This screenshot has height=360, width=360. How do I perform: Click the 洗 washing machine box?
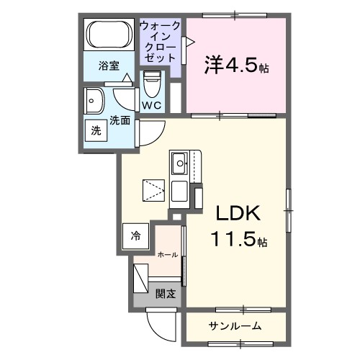pyautogui.click(x=96, y=131)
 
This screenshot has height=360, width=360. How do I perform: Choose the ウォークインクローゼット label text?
pyautogui.click(x=160, y=41)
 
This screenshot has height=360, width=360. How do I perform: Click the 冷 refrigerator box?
pyautogui.click(x=136, y=235)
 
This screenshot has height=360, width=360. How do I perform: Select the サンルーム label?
pyautogui.click(x=235, y=325)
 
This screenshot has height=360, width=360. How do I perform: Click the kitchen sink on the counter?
pyautogui.click(x=179, y=160)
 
